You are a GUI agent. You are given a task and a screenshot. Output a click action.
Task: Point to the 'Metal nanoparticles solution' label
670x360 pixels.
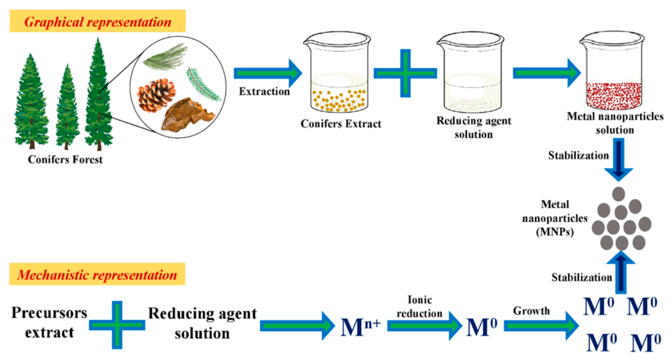point(610,124)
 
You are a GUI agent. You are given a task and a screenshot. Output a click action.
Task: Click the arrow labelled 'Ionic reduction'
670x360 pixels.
point(428,325)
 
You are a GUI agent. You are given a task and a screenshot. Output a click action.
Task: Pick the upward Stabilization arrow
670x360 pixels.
point(619,272)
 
